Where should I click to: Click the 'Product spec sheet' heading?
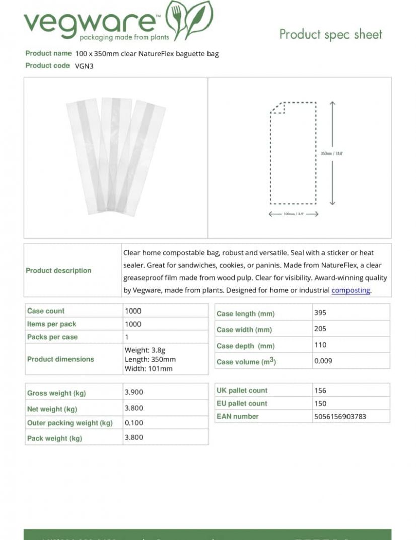pos(330,34)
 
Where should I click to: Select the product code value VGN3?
pos(84,66)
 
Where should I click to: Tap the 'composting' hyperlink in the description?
pos(351,290)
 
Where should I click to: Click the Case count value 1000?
pos(133,311)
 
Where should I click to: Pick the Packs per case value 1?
pos(127,337)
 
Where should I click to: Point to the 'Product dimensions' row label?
pos(60,359)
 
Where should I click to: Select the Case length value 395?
pos(320,313)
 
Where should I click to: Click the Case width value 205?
pos(320,329)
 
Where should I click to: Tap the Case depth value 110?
pos(320,345)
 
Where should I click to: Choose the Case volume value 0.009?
pos(323,361)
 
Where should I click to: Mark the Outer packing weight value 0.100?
pos(134,423)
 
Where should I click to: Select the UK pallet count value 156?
pos(320,390)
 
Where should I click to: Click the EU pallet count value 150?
pos(320,403)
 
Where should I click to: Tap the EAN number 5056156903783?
pos(340,416)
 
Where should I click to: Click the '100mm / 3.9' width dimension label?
pos(294,214)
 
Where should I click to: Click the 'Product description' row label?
pos(58,271)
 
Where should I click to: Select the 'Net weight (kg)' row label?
pos(52,409)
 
